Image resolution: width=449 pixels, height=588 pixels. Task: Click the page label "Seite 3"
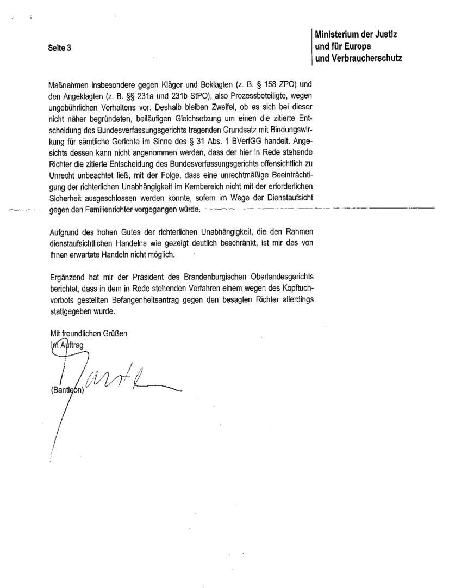pyautogui.click(x=60, y=47)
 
